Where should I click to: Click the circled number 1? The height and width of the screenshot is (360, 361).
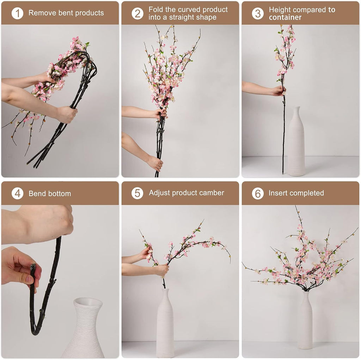point(17,13)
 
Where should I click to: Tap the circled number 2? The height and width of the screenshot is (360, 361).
point(137,13)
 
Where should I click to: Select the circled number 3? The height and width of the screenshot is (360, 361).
point(258,13)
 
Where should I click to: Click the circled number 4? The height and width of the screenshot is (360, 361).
point(17,193)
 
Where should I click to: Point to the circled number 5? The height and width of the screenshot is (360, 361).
point(137,193)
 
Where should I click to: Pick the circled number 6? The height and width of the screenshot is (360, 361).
point(258,193)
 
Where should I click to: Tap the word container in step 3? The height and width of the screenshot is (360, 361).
point(285,17)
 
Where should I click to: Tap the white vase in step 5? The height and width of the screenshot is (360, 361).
point(165,324)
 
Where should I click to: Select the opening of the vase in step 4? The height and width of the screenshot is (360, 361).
point(87,303)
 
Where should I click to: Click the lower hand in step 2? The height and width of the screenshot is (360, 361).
point(155,163)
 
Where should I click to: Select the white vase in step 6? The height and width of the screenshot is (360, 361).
point(305,321)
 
